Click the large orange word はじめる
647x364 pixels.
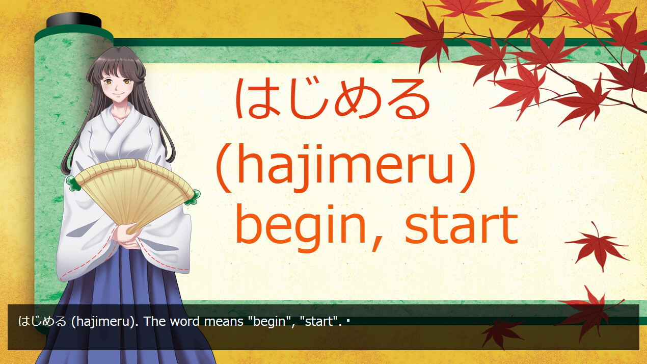333,98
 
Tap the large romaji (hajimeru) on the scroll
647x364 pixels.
345,168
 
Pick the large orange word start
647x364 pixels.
461,225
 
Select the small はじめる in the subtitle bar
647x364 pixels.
42,322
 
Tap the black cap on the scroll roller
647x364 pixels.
74,20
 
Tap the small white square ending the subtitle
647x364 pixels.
348,320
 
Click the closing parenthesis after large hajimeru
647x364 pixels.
467,168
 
